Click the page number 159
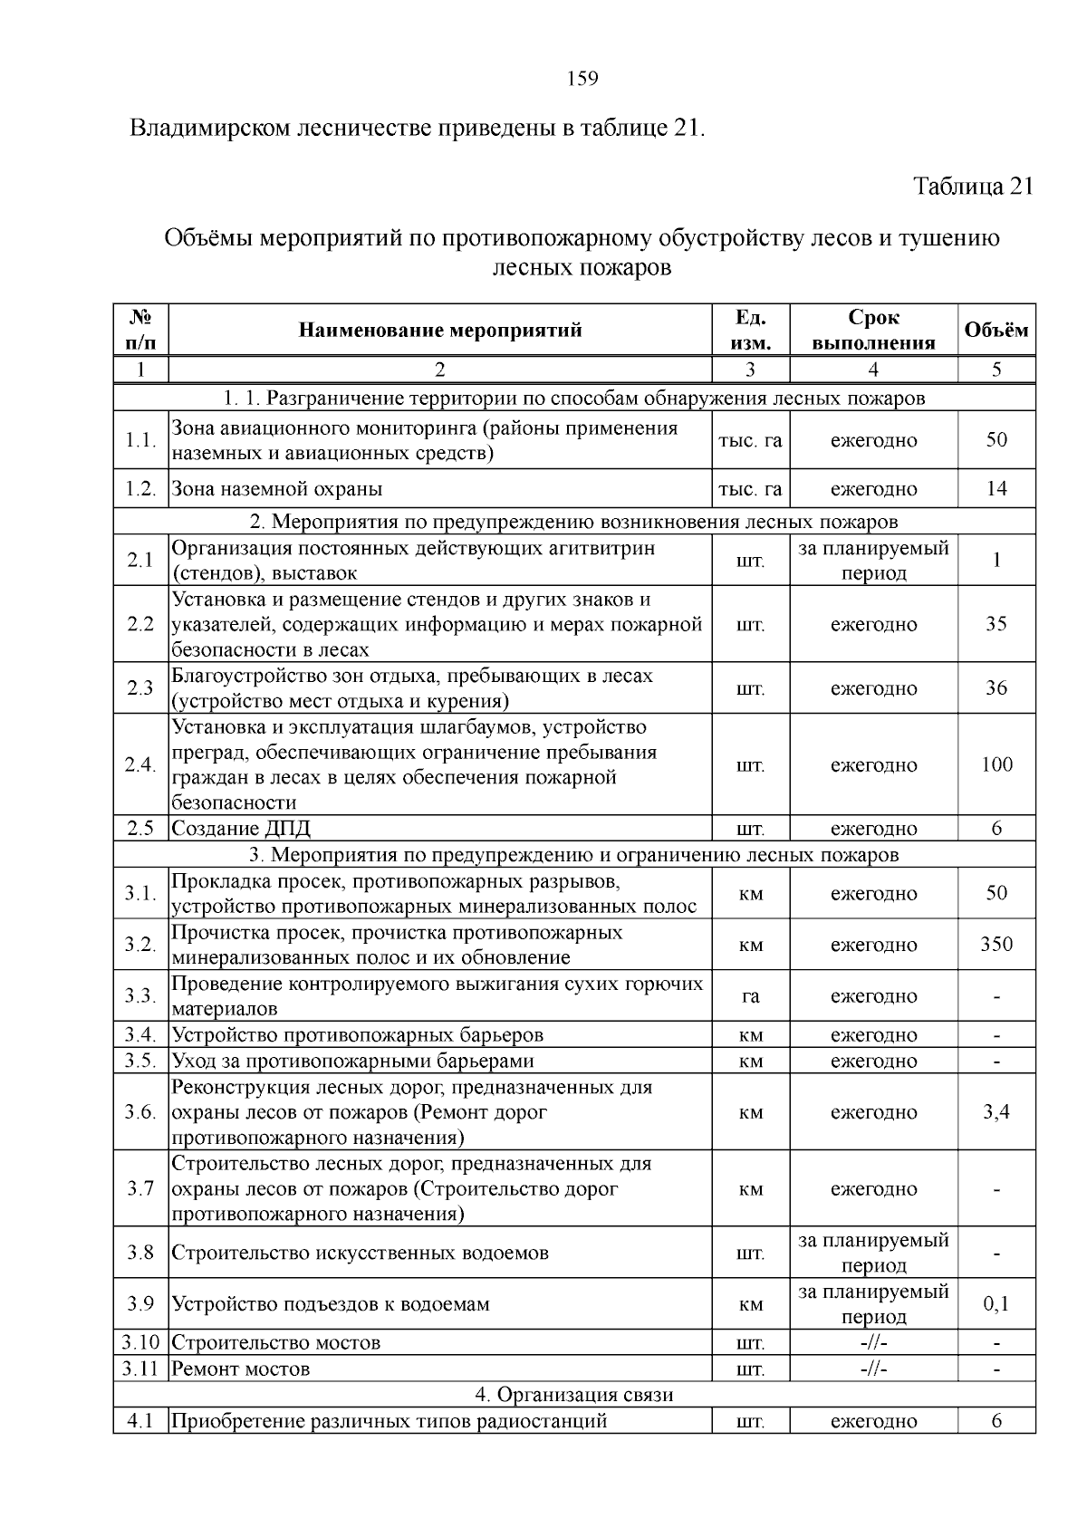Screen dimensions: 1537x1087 click(582, 79)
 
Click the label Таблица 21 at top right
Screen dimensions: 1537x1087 click(973, 187)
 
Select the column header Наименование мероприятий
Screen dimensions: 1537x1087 click(440, 331)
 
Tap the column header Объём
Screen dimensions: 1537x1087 click(996, 331)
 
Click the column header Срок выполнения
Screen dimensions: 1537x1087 click(873, 331)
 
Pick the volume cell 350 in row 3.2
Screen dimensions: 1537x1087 click(996, 945)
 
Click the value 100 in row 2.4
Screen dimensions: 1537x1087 click(996, 765)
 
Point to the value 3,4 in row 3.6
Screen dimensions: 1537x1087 click(996, 1112)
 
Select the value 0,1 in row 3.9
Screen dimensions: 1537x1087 click(996, 1304)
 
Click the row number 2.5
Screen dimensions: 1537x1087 click(141, 829)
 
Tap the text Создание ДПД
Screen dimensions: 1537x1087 click(241, 829)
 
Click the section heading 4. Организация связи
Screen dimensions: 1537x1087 click(574, 1395)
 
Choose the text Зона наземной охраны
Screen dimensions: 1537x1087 click(277, 489)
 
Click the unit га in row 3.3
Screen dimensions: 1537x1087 click(750, 996)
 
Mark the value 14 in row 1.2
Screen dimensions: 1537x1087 click(996, 489)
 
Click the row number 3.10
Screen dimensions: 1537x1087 click(141, 1343)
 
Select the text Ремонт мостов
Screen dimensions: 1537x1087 click(241, 1369)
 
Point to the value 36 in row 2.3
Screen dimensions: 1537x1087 click(996, 688)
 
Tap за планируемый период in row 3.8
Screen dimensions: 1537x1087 click(873, 1253)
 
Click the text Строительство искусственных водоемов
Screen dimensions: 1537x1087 click(360, 1254)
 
